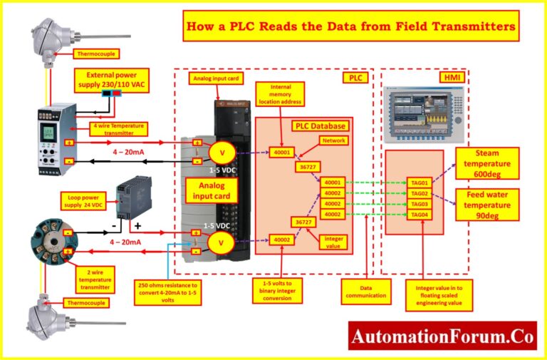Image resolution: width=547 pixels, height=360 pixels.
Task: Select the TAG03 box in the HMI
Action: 419,204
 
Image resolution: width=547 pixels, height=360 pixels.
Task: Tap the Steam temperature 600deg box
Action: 486,164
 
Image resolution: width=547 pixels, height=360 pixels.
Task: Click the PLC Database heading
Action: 321,125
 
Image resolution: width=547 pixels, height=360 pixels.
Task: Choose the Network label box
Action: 334,140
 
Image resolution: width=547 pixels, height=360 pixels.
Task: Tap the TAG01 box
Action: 419,182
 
